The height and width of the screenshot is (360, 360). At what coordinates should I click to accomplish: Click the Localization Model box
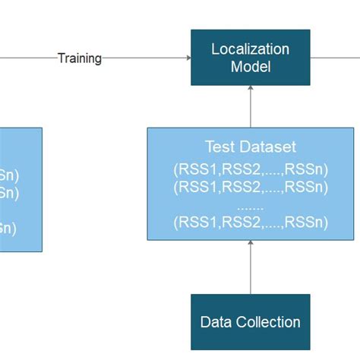tap(250, 58)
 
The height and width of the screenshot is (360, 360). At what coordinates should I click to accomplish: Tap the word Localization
tap(250, 49)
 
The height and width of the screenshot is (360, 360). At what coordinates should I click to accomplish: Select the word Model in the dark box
tap(250, 67)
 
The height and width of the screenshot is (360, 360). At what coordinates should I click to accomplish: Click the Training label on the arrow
tap(79, 58)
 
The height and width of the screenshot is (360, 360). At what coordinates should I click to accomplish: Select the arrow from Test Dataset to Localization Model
tap(250, 106)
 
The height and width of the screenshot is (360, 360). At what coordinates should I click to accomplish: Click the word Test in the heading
tap(219, 147)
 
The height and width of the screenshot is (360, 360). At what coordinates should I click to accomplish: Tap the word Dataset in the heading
tap(265, 147)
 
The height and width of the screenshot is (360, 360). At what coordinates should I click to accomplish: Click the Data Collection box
tap(250, 322)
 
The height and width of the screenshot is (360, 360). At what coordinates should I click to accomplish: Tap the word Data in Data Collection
tap(216, 322)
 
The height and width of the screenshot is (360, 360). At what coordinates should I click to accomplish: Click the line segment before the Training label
tap(27, 58)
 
